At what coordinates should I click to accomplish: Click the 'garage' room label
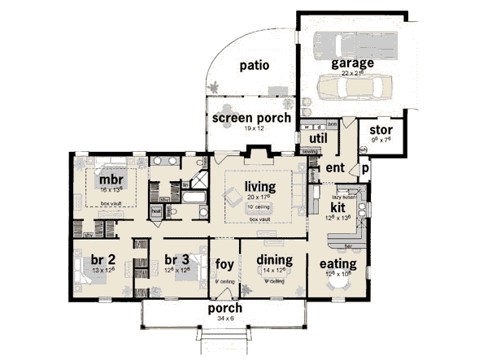pos(352,63)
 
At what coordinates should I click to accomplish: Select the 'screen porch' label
pos(251,118)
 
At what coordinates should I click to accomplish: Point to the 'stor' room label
pos(381,130)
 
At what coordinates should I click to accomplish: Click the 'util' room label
pos(318,138)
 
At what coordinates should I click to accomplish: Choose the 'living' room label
pos(260,186)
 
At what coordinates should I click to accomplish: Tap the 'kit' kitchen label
pos(338,207)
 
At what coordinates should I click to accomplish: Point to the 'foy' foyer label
pos(224,263)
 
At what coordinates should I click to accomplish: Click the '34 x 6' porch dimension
pos(225,319)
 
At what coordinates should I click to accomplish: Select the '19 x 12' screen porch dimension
pos(251,128)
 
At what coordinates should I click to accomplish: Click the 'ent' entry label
pos(336,167)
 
